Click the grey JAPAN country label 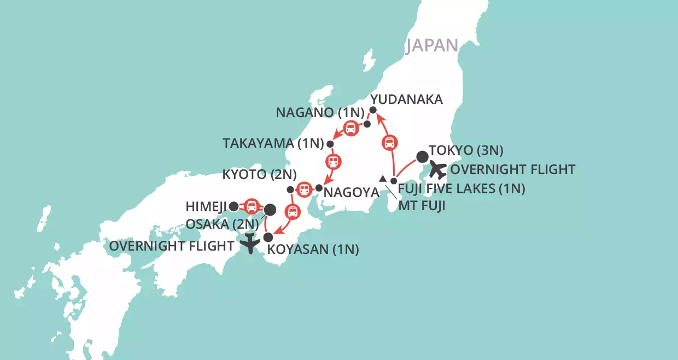(431, 45)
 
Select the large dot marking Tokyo (423, 157)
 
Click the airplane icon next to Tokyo (438, 170)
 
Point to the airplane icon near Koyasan (250, 243)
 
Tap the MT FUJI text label (419, 206)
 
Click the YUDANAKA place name (406, 99)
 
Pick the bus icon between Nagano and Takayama (350, 129)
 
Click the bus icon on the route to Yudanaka (389, 143)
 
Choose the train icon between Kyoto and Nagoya (304, 189)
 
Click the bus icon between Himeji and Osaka (252, 206)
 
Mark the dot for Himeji (233, 206)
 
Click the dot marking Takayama (330, 144)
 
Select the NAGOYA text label (351, 193)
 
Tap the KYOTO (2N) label (259, 176)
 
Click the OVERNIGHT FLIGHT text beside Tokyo (511, 170)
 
